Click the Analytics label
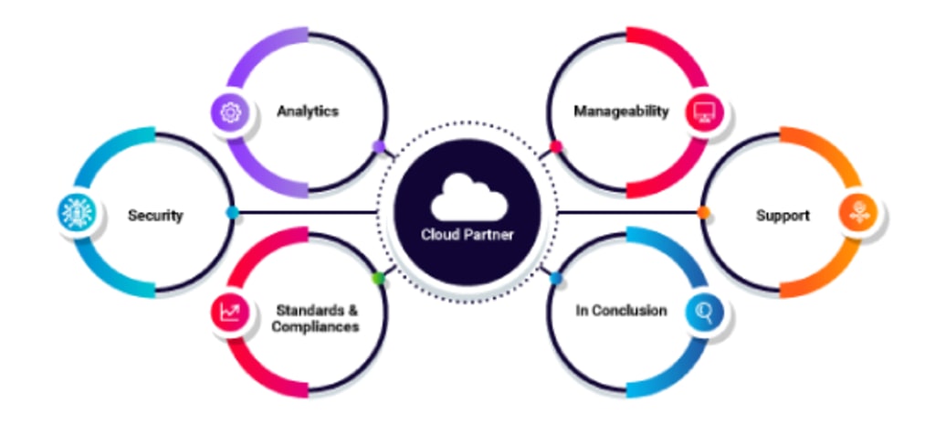308,112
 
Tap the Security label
155,216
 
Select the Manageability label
621,112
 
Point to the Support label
783,216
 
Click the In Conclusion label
621,311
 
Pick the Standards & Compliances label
315,318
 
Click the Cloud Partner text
467,235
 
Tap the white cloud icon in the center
467,197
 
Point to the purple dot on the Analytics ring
378,146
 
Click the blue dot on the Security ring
233,212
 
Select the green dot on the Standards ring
378,277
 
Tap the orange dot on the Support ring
703,213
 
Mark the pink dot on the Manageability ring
555,146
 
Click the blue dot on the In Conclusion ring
555,277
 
